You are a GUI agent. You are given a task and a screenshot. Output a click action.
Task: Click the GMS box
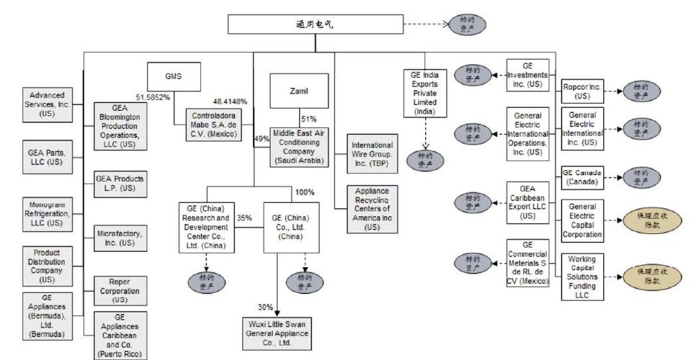click(174, 76)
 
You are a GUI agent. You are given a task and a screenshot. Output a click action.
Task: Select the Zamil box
click(298, 91)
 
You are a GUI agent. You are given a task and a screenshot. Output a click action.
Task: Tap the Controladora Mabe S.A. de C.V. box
click(213, 122)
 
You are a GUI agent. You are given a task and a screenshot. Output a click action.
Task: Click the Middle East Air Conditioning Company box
click(300, 146)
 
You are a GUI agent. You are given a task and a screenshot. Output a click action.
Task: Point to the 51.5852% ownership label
click(152, 97)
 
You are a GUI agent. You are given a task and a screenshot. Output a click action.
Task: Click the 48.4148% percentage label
click(230, 101)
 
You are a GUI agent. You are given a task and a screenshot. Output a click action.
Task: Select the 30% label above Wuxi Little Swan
click(265, 307)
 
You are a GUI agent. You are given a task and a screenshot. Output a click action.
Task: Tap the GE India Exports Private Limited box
click(425, 93)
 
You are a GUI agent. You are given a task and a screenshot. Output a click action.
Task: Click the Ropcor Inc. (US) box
click(581, 92)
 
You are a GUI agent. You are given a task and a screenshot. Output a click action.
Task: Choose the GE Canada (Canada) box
click(581, 177)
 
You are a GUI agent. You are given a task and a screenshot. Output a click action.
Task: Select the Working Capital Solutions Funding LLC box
click(581, 276)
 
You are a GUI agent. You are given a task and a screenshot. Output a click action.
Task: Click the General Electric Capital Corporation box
click(581, 221)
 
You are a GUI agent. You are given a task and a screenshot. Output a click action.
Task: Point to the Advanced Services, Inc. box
click(47, 104)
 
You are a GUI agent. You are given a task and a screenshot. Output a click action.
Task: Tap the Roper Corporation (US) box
click(119, 290)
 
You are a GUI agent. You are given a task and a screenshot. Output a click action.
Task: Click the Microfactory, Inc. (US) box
click(119, 238)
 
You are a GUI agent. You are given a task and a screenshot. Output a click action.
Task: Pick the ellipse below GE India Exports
click(425, 160)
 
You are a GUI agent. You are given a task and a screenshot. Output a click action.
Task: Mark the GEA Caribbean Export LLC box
click(527, 202)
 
